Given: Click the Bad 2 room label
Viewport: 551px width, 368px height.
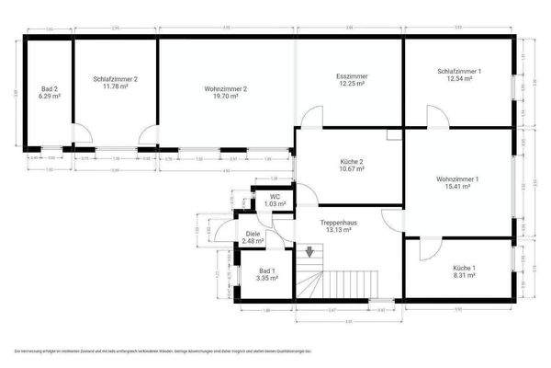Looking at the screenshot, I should pyautogui.click(x=50, y=89).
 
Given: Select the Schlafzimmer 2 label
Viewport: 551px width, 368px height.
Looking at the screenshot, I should pyautogui.click(x=116, y=79).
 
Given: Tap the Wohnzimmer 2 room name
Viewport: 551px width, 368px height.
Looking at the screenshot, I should pyautogui.click(x=226, y=89).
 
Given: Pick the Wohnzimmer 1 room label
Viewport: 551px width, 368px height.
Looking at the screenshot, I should pyautogui.click(x=456, y=178).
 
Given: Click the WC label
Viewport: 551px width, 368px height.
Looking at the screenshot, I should pyautogui.click(x=275, y=197).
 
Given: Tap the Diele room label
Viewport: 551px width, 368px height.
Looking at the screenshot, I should pyautogui.click(x=253, y=234).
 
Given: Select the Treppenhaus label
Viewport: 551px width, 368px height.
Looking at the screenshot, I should pyautogui.click(x=337, y=224).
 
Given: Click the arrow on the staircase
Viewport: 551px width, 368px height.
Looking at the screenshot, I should pyautogui.click(x=309, y=251).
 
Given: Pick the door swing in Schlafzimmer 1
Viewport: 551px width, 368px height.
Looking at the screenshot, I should pyautogui.click(x=436, y=115).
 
